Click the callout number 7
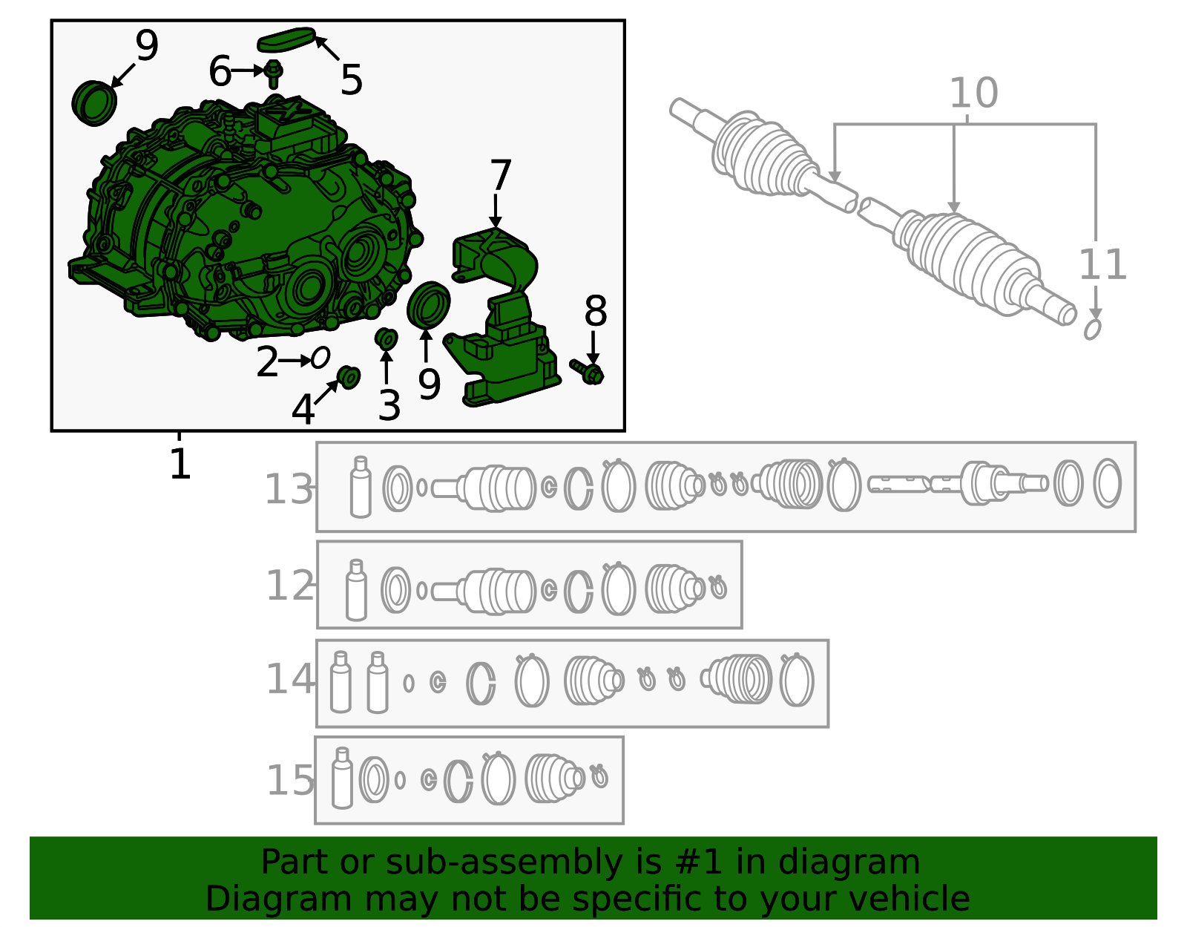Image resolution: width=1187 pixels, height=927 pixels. tap(500, 175)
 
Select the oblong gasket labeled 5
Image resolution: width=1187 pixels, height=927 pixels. tap(286, 39)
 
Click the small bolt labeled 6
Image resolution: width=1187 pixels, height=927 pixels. tap(273, 73)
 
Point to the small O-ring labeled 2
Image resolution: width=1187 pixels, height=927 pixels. tap(320, 358)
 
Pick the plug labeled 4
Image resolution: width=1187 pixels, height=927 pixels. tap(349, 378)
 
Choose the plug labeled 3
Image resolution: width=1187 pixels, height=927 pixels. tap(387, 339)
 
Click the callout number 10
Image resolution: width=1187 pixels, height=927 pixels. tap(974, 93)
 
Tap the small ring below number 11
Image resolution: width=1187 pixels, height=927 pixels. tap(1092, 330)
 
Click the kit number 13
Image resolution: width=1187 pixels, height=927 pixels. tap(289, 489)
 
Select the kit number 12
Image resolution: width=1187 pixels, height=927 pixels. tap(290, 585)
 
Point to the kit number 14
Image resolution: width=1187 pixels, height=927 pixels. tap(290, 679)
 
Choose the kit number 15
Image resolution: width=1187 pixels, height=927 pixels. tap(290, 780)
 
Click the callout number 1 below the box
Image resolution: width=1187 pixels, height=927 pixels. tap(180, 463)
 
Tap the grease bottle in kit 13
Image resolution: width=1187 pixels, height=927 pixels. tap(360, 487)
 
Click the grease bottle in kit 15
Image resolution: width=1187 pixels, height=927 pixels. tap(342, 778)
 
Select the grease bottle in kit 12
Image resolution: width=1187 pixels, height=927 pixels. tap(356, 590)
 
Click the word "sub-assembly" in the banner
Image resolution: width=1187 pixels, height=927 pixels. tap(504, 862)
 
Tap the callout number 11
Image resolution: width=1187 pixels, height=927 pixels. tap(1103, 265)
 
